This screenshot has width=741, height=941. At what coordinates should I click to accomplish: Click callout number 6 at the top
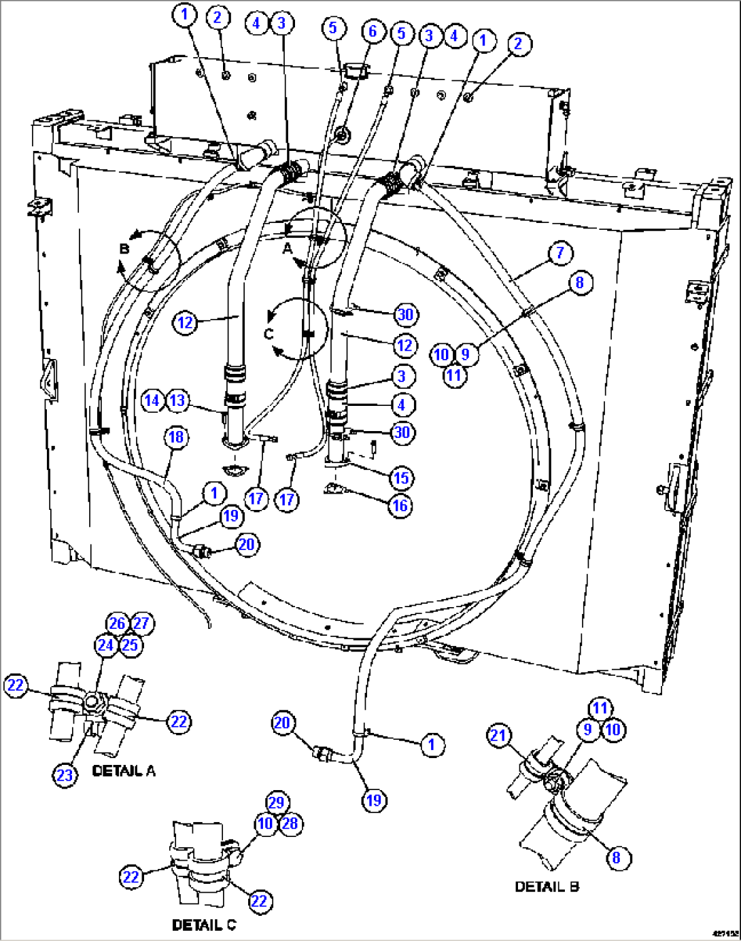(373, 31)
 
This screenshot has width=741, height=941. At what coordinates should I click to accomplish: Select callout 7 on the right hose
(559, 253)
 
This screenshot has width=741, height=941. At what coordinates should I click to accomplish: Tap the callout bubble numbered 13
(177, 400)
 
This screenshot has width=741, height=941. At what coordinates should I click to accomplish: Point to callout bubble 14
(153, 400)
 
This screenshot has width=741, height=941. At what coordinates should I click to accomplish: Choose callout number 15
(401, 478)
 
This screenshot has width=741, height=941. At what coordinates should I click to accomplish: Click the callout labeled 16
(400, 505)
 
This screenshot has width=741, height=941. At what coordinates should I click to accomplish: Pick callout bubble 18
(177, 437)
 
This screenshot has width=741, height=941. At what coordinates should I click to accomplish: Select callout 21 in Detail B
(500, 735)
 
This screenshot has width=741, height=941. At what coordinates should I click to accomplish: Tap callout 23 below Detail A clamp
(65, 775)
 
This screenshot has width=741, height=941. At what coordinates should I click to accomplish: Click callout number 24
(105, 645)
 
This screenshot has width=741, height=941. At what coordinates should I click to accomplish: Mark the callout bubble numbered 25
(131, 645)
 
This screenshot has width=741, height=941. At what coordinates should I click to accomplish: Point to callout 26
(118, 623)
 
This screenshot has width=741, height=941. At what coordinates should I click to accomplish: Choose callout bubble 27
(141, 623)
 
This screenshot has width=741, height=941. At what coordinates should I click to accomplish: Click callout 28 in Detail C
(290, 823)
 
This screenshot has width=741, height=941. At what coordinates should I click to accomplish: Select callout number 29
(277, 802)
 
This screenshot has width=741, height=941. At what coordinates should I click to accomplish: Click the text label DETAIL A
(124, 771)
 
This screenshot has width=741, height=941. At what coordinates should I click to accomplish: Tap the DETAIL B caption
(547, 887)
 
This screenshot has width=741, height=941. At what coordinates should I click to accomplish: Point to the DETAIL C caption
(204, 925)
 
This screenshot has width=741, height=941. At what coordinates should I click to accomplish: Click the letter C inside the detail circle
(269, 334)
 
